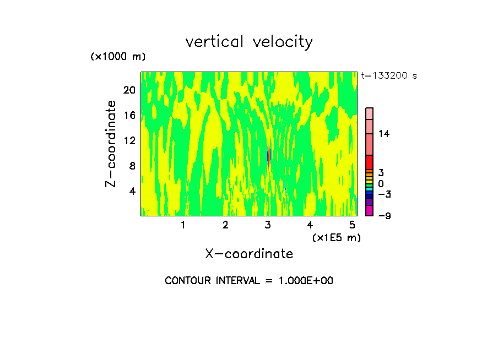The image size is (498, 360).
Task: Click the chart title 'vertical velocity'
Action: coord(249,42)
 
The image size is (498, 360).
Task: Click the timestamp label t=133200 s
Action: coord(389,76)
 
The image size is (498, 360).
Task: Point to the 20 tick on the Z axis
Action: coord(129,90)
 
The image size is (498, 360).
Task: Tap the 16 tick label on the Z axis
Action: coord(129,115)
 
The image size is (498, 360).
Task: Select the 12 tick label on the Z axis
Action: coord(129,140)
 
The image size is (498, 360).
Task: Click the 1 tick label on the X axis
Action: coord(183,225)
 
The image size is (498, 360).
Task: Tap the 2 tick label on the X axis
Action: coord(225,225)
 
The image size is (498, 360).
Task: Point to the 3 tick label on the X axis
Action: coord(268,225)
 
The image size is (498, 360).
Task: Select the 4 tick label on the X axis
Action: coord(310,225)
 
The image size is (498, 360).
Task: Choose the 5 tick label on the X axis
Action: coord(353,225)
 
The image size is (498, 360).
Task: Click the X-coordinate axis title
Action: coord(249,254)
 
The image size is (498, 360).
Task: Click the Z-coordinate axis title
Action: coord(111,144)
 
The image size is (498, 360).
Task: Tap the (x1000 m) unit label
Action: coord(117,57)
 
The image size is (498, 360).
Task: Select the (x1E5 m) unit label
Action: coord(337,238)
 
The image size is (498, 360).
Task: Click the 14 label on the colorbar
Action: coord(384,134)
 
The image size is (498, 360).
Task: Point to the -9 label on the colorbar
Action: coord(384,216)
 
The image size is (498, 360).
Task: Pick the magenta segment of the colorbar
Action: coord(370,211)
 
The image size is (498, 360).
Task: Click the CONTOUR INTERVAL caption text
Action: coord(249,281)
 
